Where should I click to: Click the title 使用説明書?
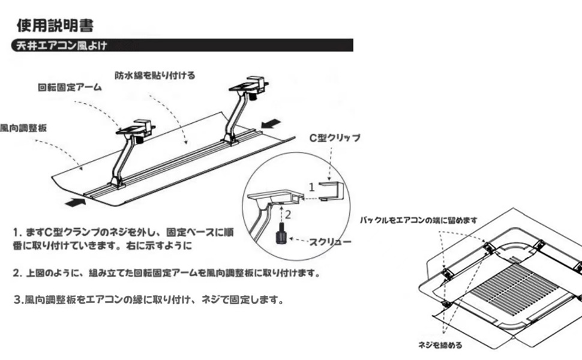(55, 26)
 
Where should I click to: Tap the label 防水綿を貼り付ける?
(155, 76)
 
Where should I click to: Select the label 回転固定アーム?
(70, 88)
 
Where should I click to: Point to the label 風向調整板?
(24, 128)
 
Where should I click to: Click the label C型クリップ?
(334, 137)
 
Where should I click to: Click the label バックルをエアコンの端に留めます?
(419, 220)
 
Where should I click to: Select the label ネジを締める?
(440, 345)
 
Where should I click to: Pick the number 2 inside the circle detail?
(287, 213)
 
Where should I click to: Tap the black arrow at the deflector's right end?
(272, 124)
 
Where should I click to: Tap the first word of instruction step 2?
(32, 273)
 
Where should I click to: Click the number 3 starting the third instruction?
(18, 299)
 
